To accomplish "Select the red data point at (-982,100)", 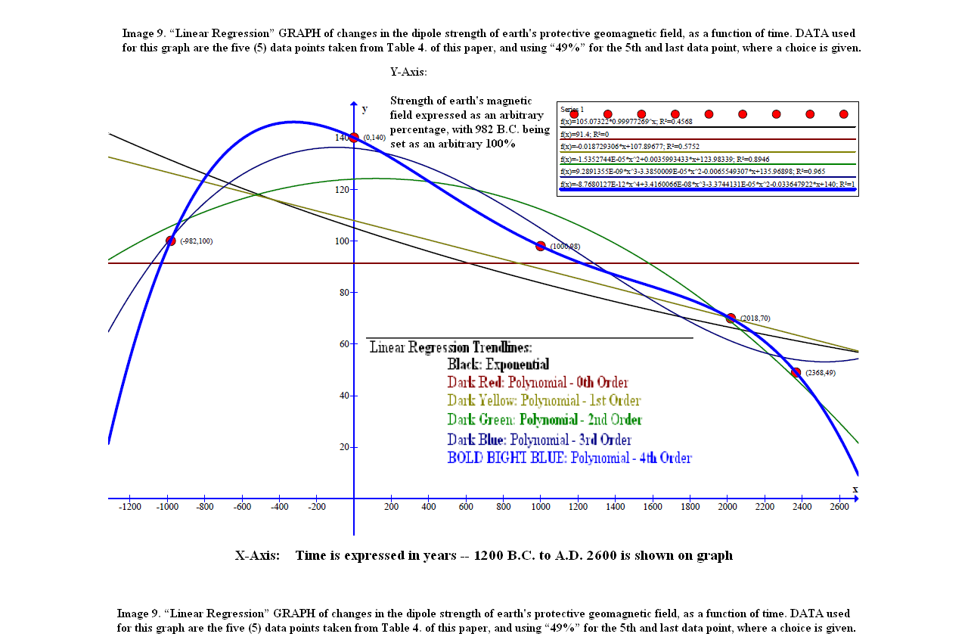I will [170, 241].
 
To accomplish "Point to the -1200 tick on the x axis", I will [130, 499].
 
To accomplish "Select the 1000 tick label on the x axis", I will [540, 507].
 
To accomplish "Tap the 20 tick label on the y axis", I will [342, 447].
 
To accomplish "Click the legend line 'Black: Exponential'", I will [498, 365].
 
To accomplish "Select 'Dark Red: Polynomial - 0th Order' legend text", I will [537, 383].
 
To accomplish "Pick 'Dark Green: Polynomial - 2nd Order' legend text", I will [544, 420].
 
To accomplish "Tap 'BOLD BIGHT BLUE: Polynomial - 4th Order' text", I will [569, 458].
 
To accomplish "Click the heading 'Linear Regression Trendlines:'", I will [451, 348].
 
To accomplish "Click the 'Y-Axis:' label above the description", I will [408, 73].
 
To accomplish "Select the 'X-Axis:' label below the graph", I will [256, 556].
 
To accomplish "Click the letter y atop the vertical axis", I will [365, 109].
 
